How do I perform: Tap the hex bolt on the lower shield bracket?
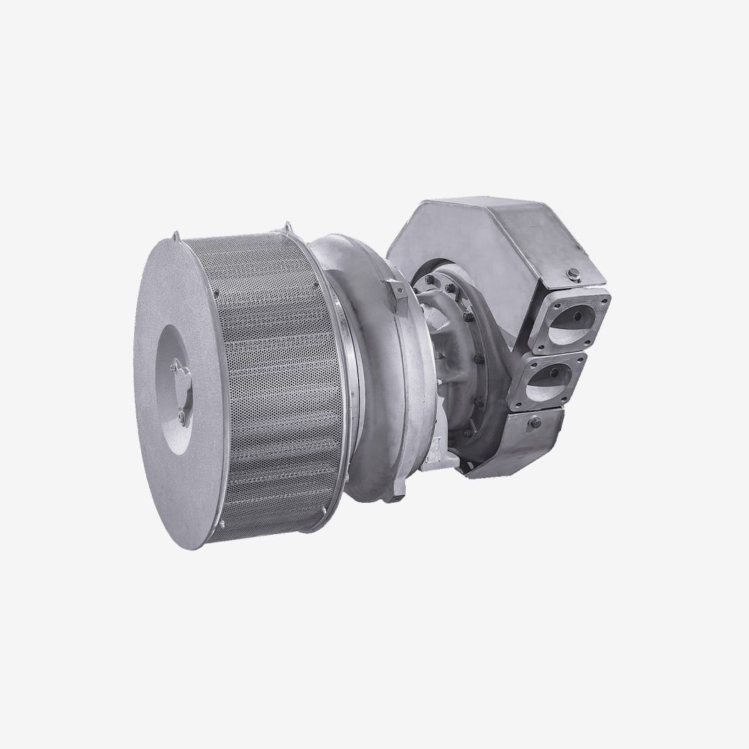coord(534,423)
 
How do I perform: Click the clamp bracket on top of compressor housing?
coord(394,292)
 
